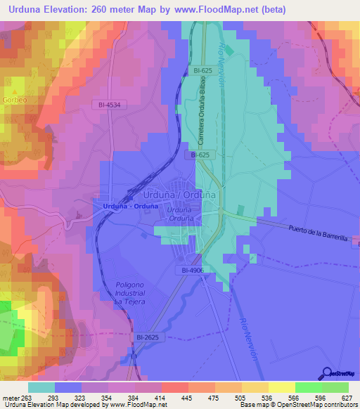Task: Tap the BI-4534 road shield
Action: [110, 105]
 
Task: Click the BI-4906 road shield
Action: [189, 270]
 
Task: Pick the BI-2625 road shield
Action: [146, 337]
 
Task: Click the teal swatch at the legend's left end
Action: [41, 387]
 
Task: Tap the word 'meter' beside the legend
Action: [11, 397]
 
